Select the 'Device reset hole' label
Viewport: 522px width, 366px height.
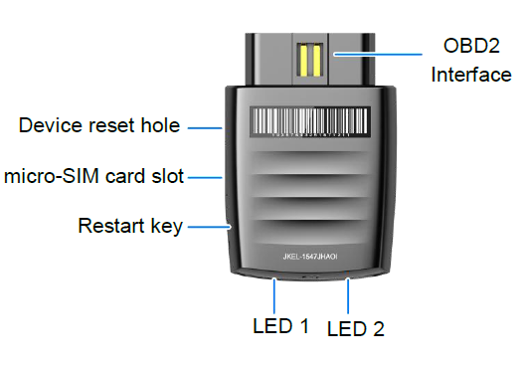coord(99,126)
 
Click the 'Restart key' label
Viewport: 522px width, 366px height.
coord(130,227)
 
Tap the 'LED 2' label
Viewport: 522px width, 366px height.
coord(355,328)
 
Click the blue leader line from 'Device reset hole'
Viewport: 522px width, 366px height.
coord(205,126)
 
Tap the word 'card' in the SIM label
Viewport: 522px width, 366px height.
coord(134,177)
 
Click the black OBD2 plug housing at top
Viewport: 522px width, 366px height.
coord(268,60)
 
